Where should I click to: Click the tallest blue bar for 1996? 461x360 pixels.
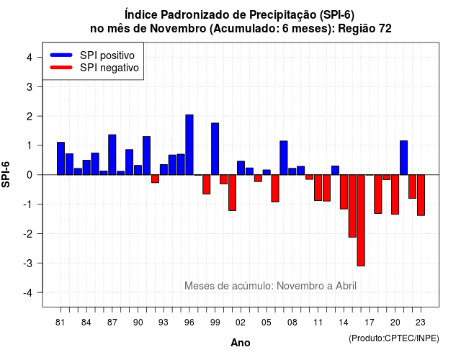point(189,145)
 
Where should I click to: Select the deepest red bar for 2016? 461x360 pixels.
point(361,220)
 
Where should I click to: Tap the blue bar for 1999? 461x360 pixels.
point(215,149)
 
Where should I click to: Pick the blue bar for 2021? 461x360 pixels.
point(403,158)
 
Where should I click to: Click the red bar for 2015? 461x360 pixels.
point(352,206)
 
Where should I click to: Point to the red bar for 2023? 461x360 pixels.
point(421,195)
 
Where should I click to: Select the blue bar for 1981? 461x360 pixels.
point(61,158)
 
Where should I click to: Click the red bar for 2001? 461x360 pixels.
point(232,193)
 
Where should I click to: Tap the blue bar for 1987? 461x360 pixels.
point(112,155)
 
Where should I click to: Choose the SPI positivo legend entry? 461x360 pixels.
point(92,55)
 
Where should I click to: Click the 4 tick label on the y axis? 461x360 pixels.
point(30,58)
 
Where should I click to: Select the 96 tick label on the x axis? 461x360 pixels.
point(189,323)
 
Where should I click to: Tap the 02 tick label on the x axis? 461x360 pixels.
point(241,323)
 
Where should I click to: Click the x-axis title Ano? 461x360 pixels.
point(241,343)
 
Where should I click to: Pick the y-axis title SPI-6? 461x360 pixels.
point(6,174)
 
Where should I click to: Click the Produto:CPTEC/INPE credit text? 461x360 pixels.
point(394,338)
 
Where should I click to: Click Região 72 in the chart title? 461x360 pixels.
point(365,29)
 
